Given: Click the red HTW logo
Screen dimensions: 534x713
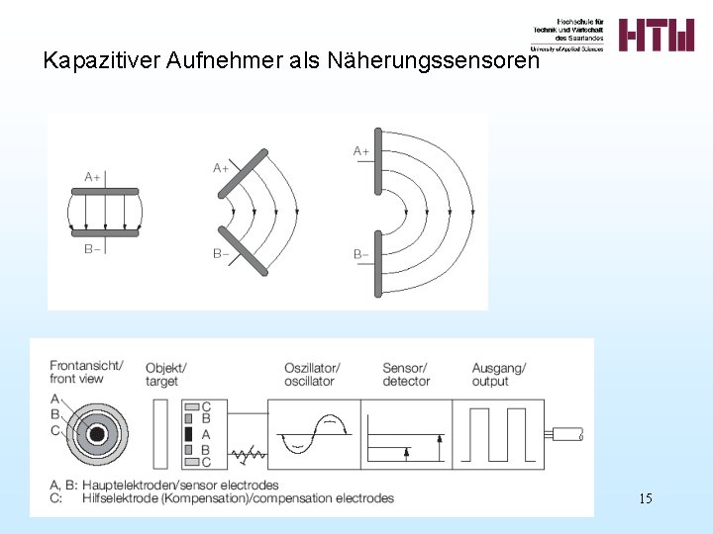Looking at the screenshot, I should pos(657,35).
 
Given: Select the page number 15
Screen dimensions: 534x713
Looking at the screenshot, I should pos(645,498).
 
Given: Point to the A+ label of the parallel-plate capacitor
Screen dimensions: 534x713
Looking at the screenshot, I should pos(93,177).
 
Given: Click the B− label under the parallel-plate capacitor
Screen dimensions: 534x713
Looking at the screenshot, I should pos(93,249).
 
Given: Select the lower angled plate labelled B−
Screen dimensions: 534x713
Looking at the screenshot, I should pos(244,252).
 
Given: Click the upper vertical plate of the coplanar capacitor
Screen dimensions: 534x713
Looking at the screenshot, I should pos(377,161).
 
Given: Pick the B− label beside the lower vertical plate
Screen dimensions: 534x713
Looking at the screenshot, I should pos(362,255).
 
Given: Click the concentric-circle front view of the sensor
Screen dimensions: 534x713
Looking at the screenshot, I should pos(96,434).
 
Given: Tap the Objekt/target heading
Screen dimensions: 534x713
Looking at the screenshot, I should pos(165,374).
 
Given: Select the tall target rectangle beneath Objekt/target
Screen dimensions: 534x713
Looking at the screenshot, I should pos(161,434).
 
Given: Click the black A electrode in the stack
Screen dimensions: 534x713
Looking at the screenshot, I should pos(188,434).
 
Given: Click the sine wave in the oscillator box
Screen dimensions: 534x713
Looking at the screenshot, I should pos(314,434).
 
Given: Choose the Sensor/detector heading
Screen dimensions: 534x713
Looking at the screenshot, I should pos(405,374).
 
